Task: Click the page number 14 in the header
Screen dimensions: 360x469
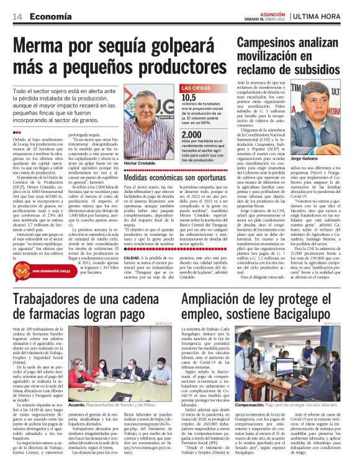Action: [18, 16]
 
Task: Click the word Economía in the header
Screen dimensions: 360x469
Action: [48, 16]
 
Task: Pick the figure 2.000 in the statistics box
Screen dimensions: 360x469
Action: [192, 135]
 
